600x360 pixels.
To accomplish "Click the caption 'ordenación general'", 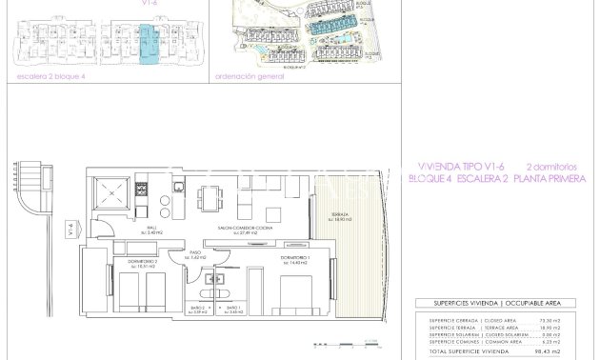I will pyautogui.click(x=250, y=77).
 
